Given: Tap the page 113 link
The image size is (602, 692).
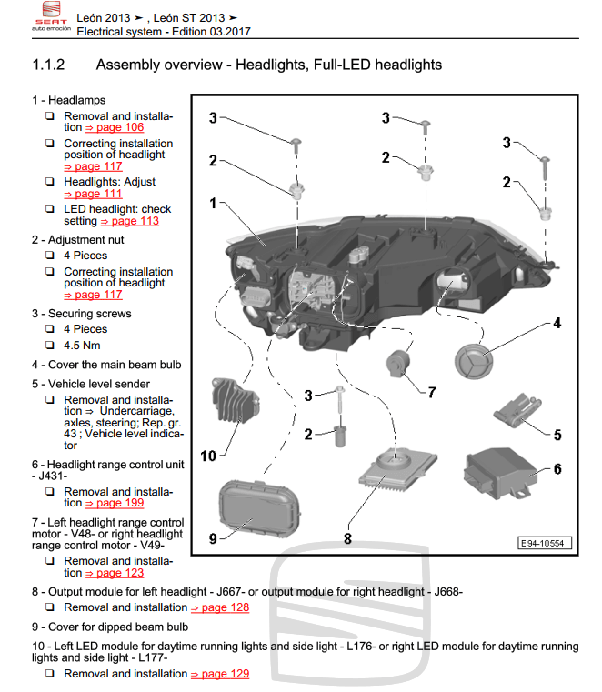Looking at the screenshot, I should point(129,221).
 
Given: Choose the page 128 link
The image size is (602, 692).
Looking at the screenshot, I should point(219,607).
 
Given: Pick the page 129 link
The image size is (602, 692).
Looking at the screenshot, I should point(219,674).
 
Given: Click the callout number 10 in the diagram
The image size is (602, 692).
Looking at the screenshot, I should point(208,455).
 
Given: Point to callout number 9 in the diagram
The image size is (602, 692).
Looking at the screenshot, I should point(212,538).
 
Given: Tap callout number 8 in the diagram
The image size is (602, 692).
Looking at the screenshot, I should point(346,538).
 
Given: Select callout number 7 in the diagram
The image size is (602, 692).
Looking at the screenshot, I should point(431,393).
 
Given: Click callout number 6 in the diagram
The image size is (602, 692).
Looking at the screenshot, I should point(557,469).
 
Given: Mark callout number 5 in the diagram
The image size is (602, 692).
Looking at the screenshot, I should point(557,434).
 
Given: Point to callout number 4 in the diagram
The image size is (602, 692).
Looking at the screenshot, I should point(557,323).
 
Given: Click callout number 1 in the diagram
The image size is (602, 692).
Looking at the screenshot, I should point(212,203).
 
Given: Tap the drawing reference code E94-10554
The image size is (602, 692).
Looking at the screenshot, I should point(542,543).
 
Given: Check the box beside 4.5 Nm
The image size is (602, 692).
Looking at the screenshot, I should point(50,346).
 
